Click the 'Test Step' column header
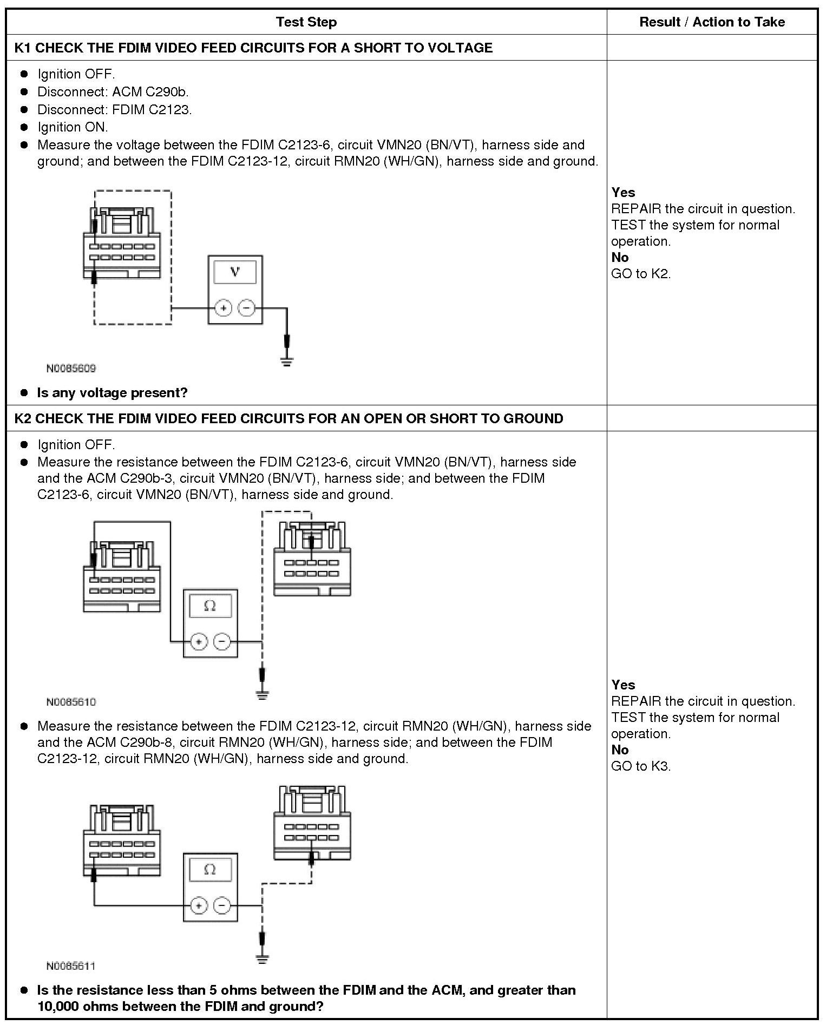tap(306, 22)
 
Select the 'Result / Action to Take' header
tap(712, 22)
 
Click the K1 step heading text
tap(253, 48)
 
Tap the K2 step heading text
tap(289, 418)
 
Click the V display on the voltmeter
tap(235, 272)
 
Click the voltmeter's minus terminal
tap(247, 308)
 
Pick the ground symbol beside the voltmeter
tap(286, 361)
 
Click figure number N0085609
tap(71, 369)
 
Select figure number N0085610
tap(71, 702)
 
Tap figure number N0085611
tap(71, 966)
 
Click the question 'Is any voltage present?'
tap(112, 392)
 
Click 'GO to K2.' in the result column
tap(641, 274)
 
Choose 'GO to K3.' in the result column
tap(641, 766)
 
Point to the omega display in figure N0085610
tap(210, 606)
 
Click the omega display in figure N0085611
tap(210, 869)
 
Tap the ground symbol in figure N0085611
tap(262, 959)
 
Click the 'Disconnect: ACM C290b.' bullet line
tap(113, 92)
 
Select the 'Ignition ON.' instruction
tap(73, 127)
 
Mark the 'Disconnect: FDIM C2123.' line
tap(114, 110)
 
